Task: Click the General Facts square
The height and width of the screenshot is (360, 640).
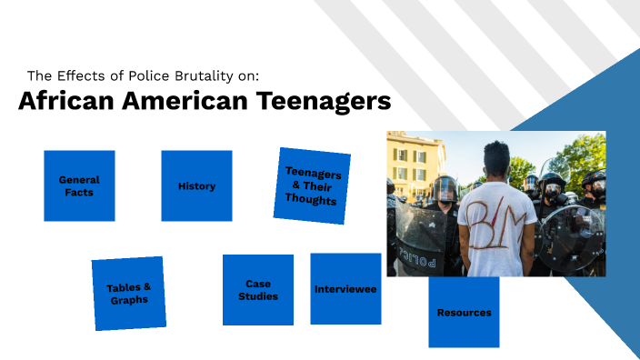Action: [79, 185]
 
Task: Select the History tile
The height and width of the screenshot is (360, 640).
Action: [196, 185]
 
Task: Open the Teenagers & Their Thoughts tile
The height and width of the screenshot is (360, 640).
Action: [312, 185]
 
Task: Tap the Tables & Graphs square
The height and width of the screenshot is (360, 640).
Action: [128, 293]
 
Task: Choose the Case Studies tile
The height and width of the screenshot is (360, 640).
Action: [258, 289]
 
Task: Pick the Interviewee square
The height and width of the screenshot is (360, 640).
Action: [345, 289]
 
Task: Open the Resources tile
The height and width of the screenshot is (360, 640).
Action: [464, 312]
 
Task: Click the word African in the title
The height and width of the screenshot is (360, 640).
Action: [61, 101]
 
